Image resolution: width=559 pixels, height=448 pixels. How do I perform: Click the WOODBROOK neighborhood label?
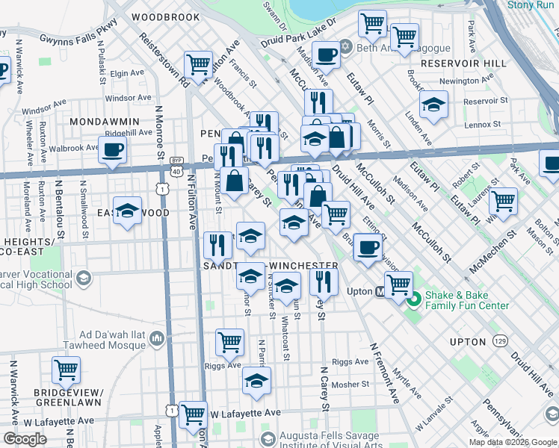coord(165,16)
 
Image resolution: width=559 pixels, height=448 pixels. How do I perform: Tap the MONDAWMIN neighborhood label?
coord(104,121)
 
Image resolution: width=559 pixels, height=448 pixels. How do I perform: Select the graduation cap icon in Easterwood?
coord(128,211)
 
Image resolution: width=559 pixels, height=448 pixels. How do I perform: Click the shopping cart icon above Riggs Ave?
coord(230,342)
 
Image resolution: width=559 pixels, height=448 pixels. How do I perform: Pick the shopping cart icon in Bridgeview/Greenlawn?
coord(67,369)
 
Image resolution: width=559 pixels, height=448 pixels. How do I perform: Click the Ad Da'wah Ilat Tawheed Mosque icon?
coord(157,340)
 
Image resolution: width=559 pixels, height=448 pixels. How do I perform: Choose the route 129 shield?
coord(499,341)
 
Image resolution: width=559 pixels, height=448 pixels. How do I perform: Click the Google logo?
coord(25,439)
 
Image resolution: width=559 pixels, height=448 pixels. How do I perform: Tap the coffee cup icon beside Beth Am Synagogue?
coord(326,55)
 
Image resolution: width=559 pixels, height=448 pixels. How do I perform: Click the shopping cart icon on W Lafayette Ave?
coord(194,414)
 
